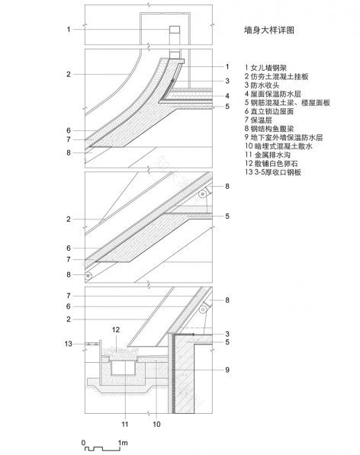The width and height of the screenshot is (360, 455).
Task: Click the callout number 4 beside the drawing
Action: click(227, 95)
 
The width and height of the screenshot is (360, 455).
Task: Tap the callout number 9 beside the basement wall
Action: click(227, 370)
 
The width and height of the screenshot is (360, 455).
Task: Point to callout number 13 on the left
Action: click(69, 344)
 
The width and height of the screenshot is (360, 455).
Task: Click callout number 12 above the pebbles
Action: click(116, 329)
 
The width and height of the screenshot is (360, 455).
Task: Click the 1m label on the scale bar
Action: click(122, 442)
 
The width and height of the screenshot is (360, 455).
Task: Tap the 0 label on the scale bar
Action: click(83, 442)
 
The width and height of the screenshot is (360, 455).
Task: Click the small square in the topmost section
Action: click(174, 30)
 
